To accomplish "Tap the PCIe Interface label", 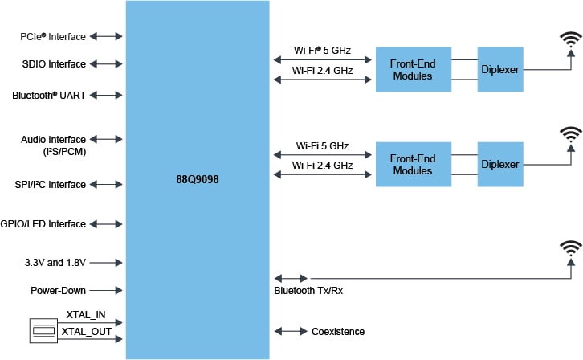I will [x=53, y=37].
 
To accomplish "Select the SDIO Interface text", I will [x=54, y=63].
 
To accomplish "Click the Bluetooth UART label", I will [x=49, y=95].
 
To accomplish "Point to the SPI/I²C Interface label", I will [x=49, y=185].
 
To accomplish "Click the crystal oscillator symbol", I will [x=43, y=331].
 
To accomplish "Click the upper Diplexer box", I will [x=499, y=70].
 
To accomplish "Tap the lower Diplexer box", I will [x=499, y=165].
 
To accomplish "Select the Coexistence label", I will [x=338, y=331].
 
